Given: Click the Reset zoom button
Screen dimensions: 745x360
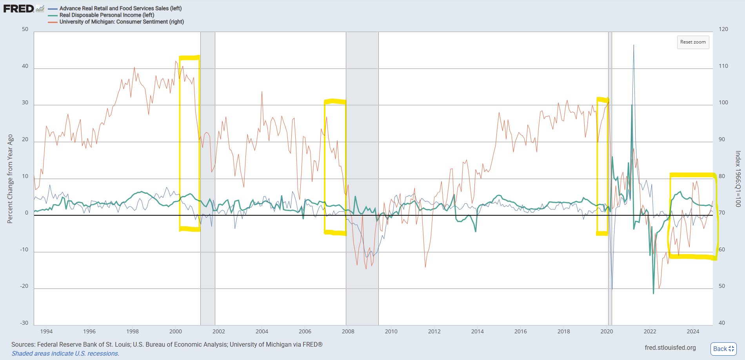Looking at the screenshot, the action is tap(693, 42).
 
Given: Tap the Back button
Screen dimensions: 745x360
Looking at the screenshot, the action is tap(723, 349).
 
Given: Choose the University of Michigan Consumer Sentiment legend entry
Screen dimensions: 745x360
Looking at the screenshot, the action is tap(116, 22).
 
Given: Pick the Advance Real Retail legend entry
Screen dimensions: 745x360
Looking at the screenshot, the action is tap(115, 8).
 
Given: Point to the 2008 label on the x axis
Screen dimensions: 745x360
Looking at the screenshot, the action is tap(348, 331).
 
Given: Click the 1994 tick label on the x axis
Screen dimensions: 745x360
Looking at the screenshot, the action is tap(46, 331).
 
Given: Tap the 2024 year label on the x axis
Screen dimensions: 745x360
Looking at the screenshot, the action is tap(693, 331).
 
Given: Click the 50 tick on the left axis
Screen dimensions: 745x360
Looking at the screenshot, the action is tap(25, 29).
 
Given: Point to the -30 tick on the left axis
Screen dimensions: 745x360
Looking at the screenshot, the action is tap(24, 323).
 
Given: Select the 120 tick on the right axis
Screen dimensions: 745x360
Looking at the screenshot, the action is tap(723, 29).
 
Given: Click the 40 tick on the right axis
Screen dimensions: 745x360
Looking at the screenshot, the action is tap(722, 323).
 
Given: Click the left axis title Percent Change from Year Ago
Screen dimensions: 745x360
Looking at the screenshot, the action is tap(10, 179).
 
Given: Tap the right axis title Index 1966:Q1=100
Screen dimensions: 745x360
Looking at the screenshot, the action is tap(738, 179).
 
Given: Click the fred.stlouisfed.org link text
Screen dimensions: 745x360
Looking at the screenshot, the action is tap(670, 348).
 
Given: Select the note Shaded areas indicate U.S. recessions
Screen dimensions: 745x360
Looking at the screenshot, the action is tap(65, 353).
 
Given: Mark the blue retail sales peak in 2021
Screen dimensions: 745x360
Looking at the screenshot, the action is tap(634, 45).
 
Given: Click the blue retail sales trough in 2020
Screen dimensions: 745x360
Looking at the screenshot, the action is tap(612, 289).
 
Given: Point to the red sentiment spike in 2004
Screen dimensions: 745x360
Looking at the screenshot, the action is tap(262, 92).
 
